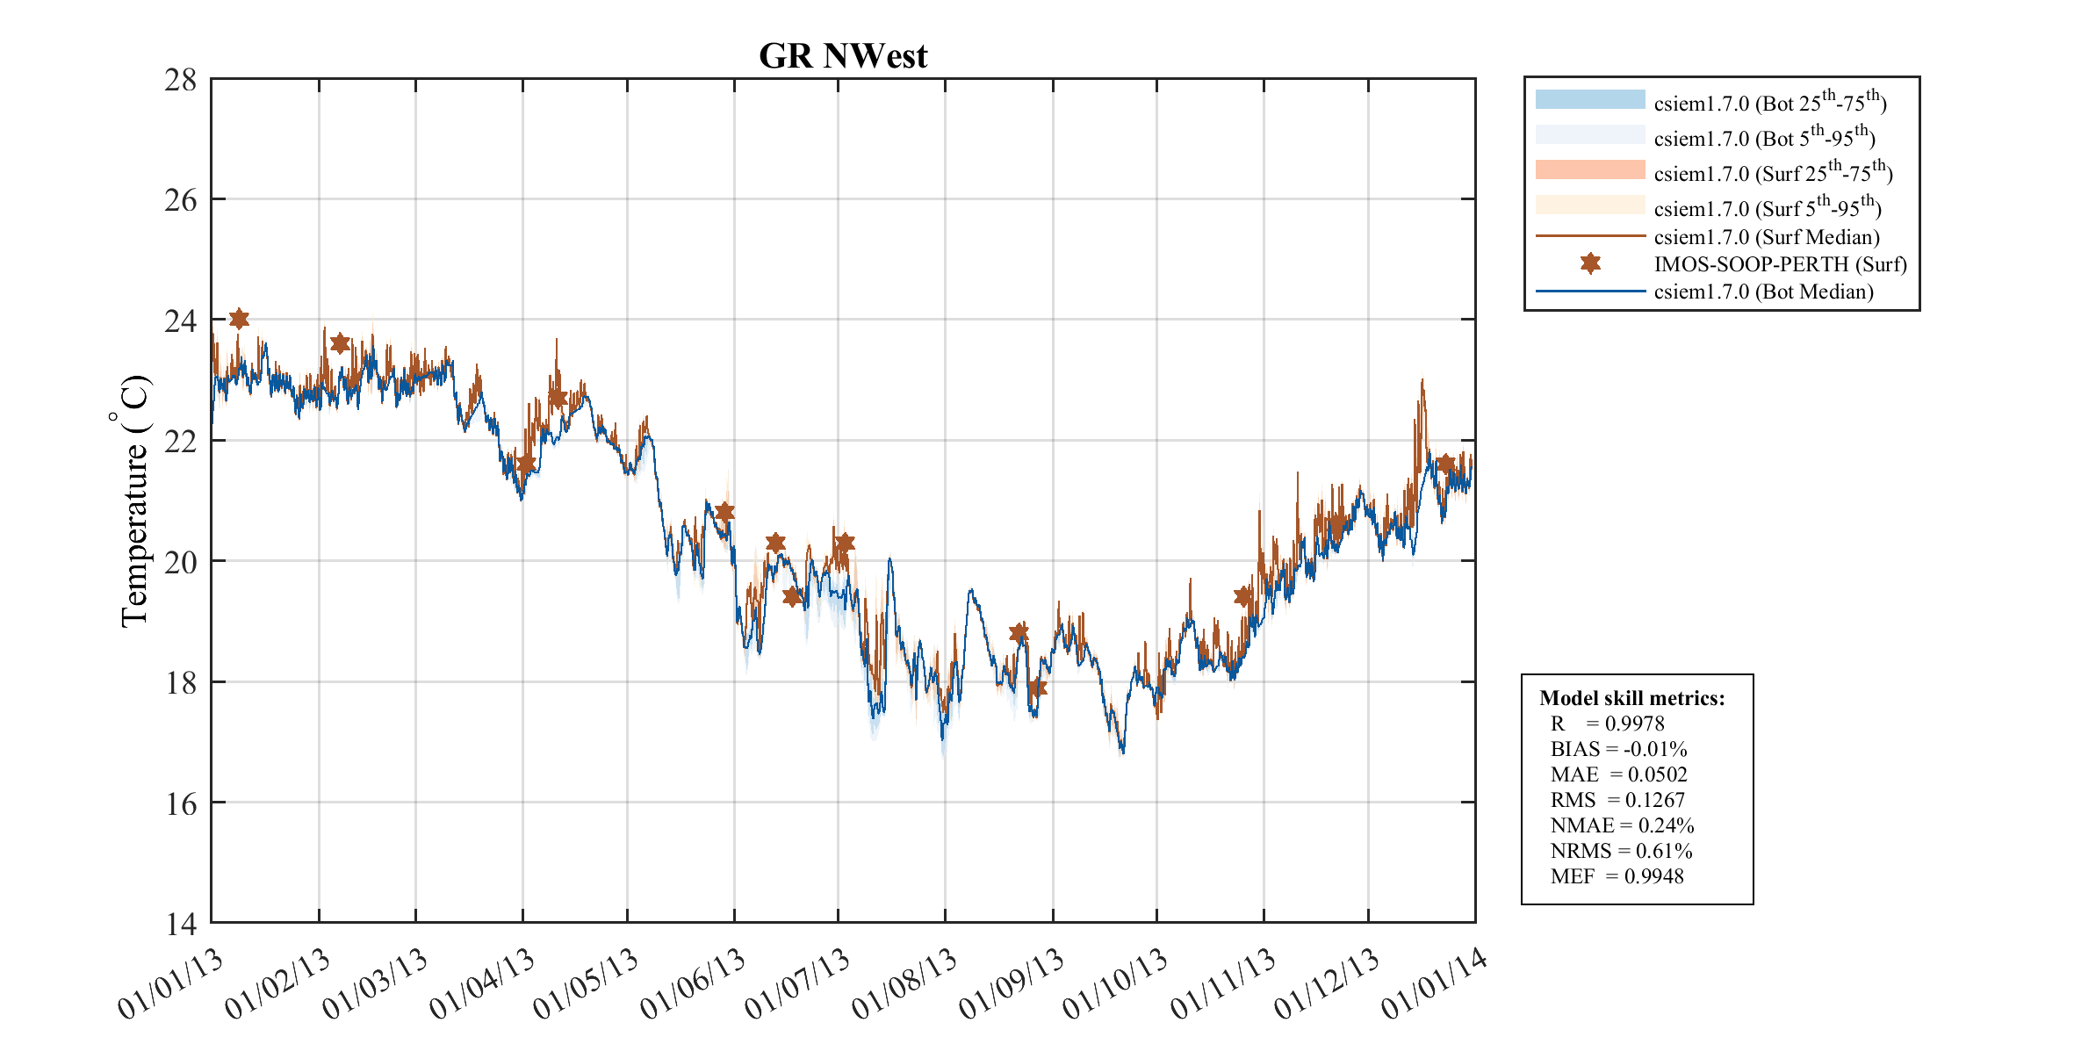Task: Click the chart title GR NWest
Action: pos(842,56)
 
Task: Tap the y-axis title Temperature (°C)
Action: pos(134,501)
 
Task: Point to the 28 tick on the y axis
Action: pos(181,80)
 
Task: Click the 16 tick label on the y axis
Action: pos(181,803)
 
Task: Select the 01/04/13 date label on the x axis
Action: pos(481,984)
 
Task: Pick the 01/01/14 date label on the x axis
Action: pos(1433,984)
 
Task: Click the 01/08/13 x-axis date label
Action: pos(904,984)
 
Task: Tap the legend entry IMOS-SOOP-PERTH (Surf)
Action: pos(1780,264)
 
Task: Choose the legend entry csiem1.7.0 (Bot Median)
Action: pos(1763,292)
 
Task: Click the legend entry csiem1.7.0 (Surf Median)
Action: pos(1766,237)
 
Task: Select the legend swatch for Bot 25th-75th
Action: pos(1589,99)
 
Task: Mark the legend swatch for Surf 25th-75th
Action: pos(1589,169)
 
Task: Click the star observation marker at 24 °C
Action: pos(239,319)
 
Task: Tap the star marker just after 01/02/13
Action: pos(340,343)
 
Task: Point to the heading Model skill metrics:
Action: pos(1631,698)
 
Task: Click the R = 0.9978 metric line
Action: pos(1607,724)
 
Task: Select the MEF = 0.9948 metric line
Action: pos(1617,876)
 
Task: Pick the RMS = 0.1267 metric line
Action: pos(1617,800)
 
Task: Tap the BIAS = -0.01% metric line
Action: pos(1618,749)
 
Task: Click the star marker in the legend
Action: pos(1590,263)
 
